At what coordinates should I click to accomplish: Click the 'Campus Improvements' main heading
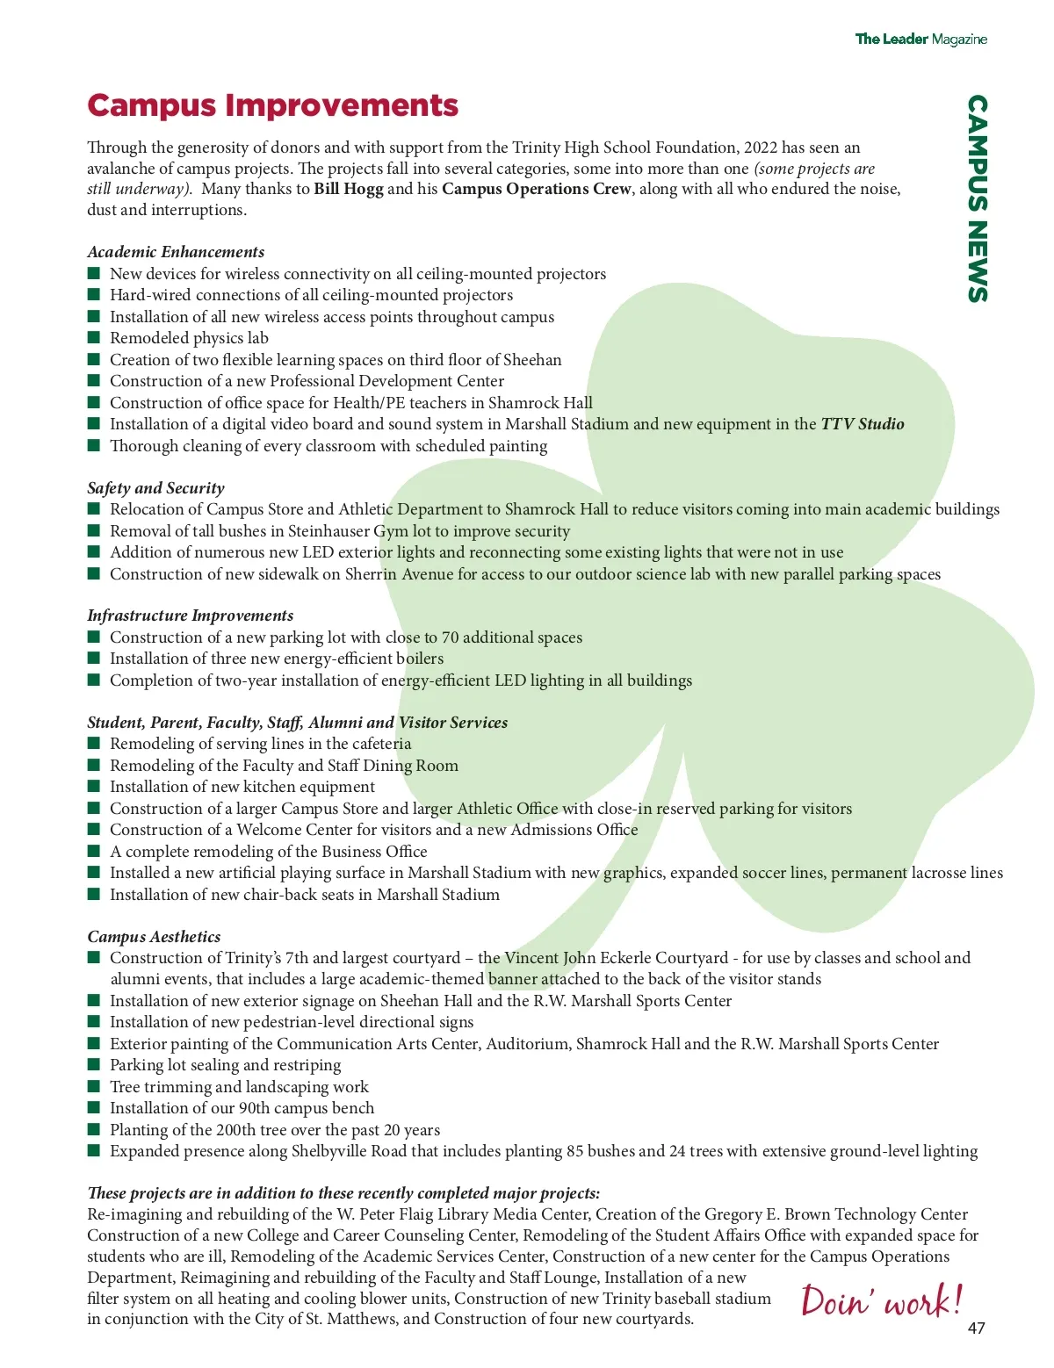272,106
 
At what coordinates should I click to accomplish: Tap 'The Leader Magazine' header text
920,40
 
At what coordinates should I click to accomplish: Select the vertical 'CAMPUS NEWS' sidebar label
977,198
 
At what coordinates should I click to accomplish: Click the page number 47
976,1328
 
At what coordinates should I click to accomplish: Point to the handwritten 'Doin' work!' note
881,1300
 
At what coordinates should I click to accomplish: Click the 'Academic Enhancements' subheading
176,252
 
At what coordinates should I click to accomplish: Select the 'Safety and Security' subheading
155,488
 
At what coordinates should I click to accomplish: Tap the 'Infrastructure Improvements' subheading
190,616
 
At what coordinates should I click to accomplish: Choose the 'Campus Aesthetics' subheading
154,937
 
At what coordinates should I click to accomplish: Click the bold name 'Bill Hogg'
349,189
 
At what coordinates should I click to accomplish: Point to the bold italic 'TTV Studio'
862,424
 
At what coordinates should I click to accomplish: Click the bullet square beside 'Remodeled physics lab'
94,338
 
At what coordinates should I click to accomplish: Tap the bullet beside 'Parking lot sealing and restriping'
94,1065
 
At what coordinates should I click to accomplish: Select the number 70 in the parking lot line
450,637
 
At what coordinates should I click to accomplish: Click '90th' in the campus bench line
256,1108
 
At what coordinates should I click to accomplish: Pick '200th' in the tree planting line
238,1130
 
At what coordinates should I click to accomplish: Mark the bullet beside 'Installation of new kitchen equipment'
94,787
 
